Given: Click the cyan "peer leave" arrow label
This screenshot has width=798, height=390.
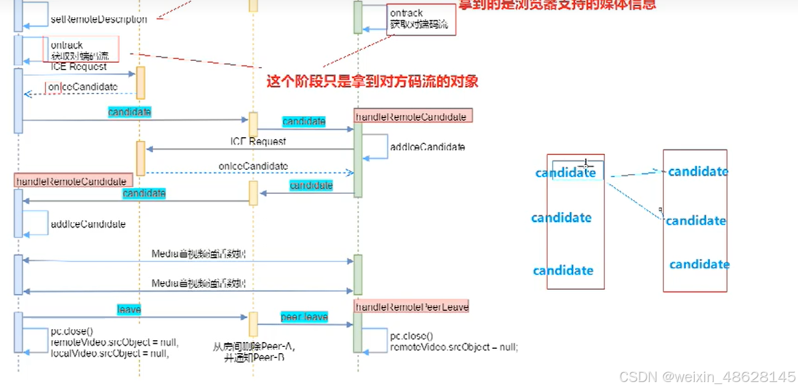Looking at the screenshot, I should [x=304, y=317].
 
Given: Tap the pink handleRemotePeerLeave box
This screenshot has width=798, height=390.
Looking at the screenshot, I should [x=411, y=306].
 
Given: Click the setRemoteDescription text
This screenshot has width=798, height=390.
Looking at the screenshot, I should [x=98, y=20].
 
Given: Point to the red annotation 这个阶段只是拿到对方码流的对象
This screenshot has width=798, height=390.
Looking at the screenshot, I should [x=372, y=81].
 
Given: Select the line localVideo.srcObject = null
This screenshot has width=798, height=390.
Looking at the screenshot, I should [x=109, y=354].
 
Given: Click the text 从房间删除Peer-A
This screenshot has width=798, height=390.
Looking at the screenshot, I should [x=254, y=346].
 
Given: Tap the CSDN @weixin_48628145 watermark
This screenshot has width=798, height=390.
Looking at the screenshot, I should [x=707, y=376].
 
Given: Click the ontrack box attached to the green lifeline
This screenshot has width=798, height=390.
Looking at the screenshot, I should [x=422, y=20].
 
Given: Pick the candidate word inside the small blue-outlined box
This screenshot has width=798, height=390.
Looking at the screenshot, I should [x=566, y=173].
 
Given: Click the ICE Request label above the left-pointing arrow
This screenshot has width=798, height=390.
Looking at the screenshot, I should [x=258, y=141].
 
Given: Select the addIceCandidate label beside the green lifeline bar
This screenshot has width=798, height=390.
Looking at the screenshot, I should [x=427, y=147].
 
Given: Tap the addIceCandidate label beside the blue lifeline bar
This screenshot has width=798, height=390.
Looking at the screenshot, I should [x=88, y=225].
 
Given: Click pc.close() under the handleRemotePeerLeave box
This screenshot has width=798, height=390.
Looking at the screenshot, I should [x=411, y=336].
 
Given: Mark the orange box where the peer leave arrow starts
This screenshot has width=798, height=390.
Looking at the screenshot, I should [x=253, y=324].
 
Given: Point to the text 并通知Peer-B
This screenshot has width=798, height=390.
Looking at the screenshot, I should [x=254, y=357].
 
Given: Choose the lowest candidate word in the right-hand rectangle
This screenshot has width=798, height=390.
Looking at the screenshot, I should [x=699, y=265].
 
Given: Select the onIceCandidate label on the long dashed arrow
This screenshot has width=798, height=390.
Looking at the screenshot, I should [x=253, y=166].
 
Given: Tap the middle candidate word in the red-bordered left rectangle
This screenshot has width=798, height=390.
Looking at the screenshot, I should [x=561, y=218].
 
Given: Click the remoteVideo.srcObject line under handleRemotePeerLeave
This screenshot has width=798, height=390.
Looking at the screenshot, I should [x=454, y=347].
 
